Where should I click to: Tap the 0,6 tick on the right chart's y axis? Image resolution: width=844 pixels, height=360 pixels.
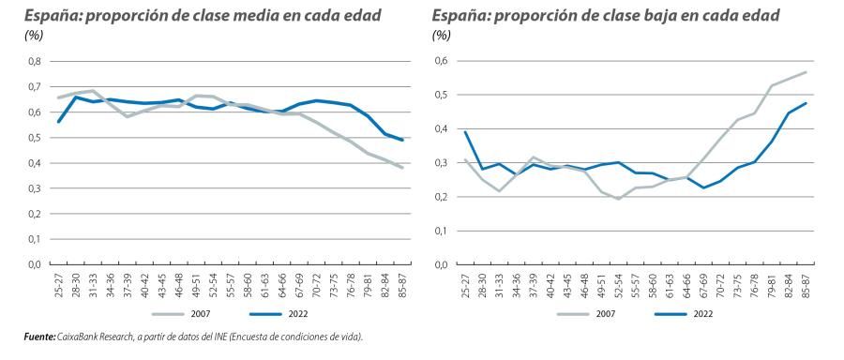point(441,62)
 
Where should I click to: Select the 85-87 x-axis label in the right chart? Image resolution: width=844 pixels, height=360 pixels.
point(805,285)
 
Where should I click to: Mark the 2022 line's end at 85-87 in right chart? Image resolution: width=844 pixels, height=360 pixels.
point(805,103)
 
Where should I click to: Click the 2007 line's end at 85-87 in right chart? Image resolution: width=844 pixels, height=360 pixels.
point(805,72)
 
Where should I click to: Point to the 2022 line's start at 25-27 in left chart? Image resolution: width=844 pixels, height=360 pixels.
point(58,122)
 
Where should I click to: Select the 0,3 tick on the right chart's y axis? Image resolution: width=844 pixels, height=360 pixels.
point(441,163)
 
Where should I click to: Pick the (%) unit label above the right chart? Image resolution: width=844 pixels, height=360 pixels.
point(442,35)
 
